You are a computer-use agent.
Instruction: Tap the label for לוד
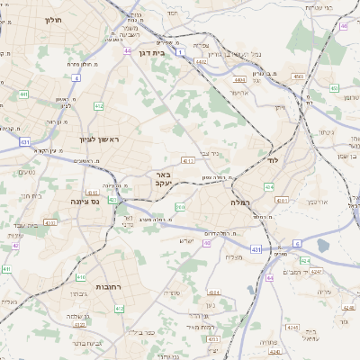click(274, 158)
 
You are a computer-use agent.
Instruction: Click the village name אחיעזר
click(238, 93)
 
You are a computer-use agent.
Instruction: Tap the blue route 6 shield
click(296, 243)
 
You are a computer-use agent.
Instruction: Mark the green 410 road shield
click(81, 277)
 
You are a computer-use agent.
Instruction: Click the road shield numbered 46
click(344, 25)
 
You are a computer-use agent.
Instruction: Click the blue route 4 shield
click(76, 78)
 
